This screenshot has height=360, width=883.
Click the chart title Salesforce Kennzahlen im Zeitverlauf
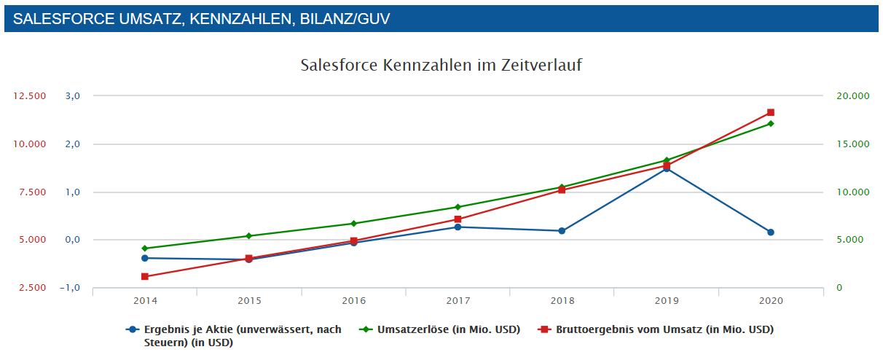point(441,65)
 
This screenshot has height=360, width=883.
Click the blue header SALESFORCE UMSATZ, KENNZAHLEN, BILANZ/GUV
point(201,19)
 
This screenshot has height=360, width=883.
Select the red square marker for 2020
point(770,112)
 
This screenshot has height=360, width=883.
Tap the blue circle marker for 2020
point(770,232)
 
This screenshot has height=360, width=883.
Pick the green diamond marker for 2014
point(145,249)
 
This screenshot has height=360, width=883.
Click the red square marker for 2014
point(145,276)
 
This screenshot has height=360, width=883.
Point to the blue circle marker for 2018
point(562,231)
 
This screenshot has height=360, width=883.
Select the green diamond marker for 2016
point(353,224)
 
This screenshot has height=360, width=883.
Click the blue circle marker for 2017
point(458,227)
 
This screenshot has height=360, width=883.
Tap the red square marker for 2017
point(458,219)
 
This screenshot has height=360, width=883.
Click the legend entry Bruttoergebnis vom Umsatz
point(664,329)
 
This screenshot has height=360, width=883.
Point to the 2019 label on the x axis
point(666,300)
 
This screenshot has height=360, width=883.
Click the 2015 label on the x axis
point(249,300)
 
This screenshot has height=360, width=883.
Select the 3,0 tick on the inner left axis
point(73,96)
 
